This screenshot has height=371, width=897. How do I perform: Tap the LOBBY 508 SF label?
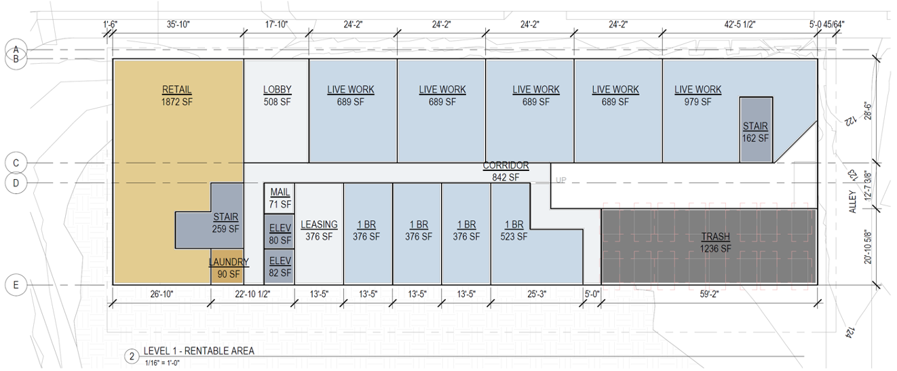click(x=277, y=96)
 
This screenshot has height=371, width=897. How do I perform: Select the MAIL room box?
click(x=280, y=198)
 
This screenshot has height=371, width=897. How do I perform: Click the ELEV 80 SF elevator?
click(x=280, y=231)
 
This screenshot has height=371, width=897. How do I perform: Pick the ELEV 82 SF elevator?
click(x=280, y=267)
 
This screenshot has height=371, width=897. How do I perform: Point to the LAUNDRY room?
click(x=227, y=267)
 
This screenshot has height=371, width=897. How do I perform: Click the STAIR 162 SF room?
click(x=756, y=130)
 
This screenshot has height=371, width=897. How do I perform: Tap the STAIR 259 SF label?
click(x=225, y=223)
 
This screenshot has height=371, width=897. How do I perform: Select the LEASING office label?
click(x=319, y=231)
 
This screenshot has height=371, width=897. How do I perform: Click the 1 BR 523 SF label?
click(x=514, y=231)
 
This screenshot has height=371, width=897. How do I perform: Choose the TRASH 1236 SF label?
click(x=715, y=243)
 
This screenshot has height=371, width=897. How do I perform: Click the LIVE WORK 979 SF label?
click(x=698, y=96)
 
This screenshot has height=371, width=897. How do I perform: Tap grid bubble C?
click(x=16, y=163)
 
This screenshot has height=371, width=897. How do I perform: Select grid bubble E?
click(x=16, y=285)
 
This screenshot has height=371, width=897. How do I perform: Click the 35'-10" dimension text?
click(x=178, y=24)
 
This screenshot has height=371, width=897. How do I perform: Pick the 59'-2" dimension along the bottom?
click(x=709, y=294)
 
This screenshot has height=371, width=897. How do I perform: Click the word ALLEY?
click(x=852, y=201)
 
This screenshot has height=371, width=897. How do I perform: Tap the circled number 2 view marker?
click(x=132, y=356)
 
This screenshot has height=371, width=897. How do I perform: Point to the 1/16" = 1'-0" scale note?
click(x=162, y=363)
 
